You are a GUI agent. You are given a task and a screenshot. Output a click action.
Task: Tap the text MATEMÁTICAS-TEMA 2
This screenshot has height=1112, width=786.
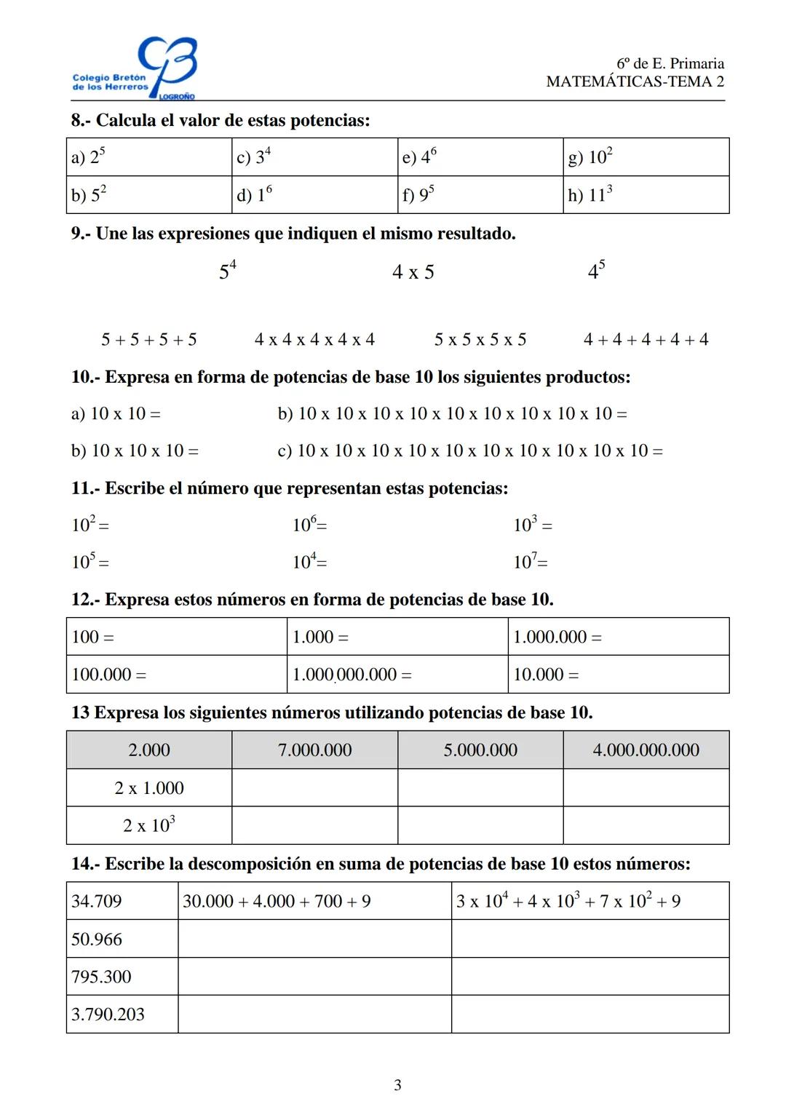(635, 82)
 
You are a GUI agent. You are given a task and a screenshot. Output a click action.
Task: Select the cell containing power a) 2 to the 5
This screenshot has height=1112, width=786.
(149, 157)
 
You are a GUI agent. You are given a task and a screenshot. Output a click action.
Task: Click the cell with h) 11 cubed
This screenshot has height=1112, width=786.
(646, 195)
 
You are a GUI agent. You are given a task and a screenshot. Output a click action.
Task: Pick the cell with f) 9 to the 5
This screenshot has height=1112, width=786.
(480, 195)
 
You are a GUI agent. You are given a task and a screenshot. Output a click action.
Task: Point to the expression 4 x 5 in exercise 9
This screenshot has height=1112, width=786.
(413, 272)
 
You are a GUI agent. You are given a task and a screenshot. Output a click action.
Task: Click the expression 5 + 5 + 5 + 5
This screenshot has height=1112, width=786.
(149, 340)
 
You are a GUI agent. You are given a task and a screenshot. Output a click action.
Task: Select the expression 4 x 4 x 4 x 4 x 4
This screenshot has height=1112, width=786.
(314, 340)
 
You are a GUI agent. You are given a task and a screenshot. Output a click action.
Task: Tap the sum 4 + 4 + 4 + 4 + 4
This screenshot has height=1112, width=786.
(646, 340)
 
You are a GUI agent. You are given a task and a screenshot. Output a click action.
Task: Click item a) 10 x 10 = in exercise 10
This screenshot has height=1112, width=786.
(116, 414)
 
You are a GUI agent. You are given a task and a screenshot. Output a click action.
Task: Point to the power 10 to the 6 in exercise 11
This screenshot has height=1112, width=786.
(309, 525)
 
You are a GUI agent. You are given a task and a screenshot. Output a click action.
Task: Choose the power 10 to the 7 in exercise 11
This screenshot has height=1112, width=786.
(530, 562)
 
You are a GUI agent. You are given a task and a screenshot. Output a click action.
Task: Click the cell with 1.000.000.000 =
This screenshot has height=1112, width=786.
(397, 675)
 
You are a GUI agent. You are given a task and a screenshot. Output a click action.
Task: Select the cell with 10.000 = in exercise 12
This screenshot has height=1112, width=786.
(618, 675)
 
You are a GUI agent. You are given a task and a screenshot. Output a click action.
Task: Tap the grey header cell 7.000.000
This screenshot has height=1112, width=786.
(314, 750)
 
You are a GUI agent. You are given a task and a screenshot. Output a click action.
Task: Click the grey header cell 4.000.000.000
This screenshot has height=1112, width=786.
(646, 750)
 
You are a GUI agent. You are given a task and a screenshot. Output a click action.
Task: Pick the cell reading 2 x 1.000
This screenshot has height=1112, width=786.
(149, 788)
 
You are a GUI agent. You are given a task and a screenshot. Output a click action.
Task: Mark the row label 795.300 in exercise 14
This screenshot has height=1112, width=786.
(102, 977)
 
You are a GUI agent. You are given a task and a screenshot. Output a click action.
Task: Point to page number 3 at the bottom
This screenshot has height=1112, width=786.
(397, 1085)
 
